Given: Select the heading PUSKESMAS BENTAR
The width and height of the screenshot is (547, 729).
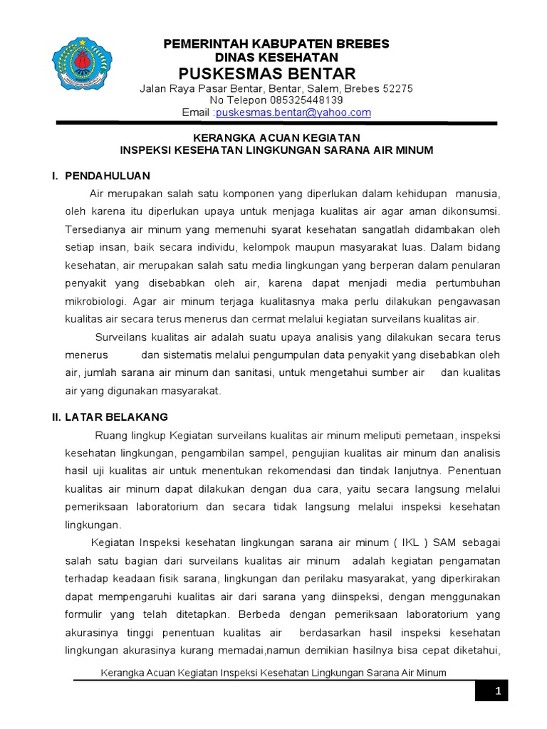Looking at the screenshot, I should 267,74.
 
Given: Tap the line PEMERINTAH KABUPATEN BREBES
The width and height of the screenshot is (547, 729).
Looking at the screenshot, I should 277,43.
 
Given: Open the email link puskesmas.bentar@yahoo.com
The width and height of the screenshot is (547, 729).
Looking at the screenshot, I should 293,112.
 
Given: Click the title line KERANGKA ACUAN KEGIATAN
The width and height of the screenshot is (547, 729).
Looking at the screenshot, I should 277,137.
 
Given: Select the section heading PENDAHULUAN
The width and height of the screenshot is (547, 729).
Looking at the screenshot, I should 108,175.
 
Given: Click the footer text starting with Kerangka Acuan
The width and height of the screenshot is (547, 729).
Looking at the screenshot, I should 273,672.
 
